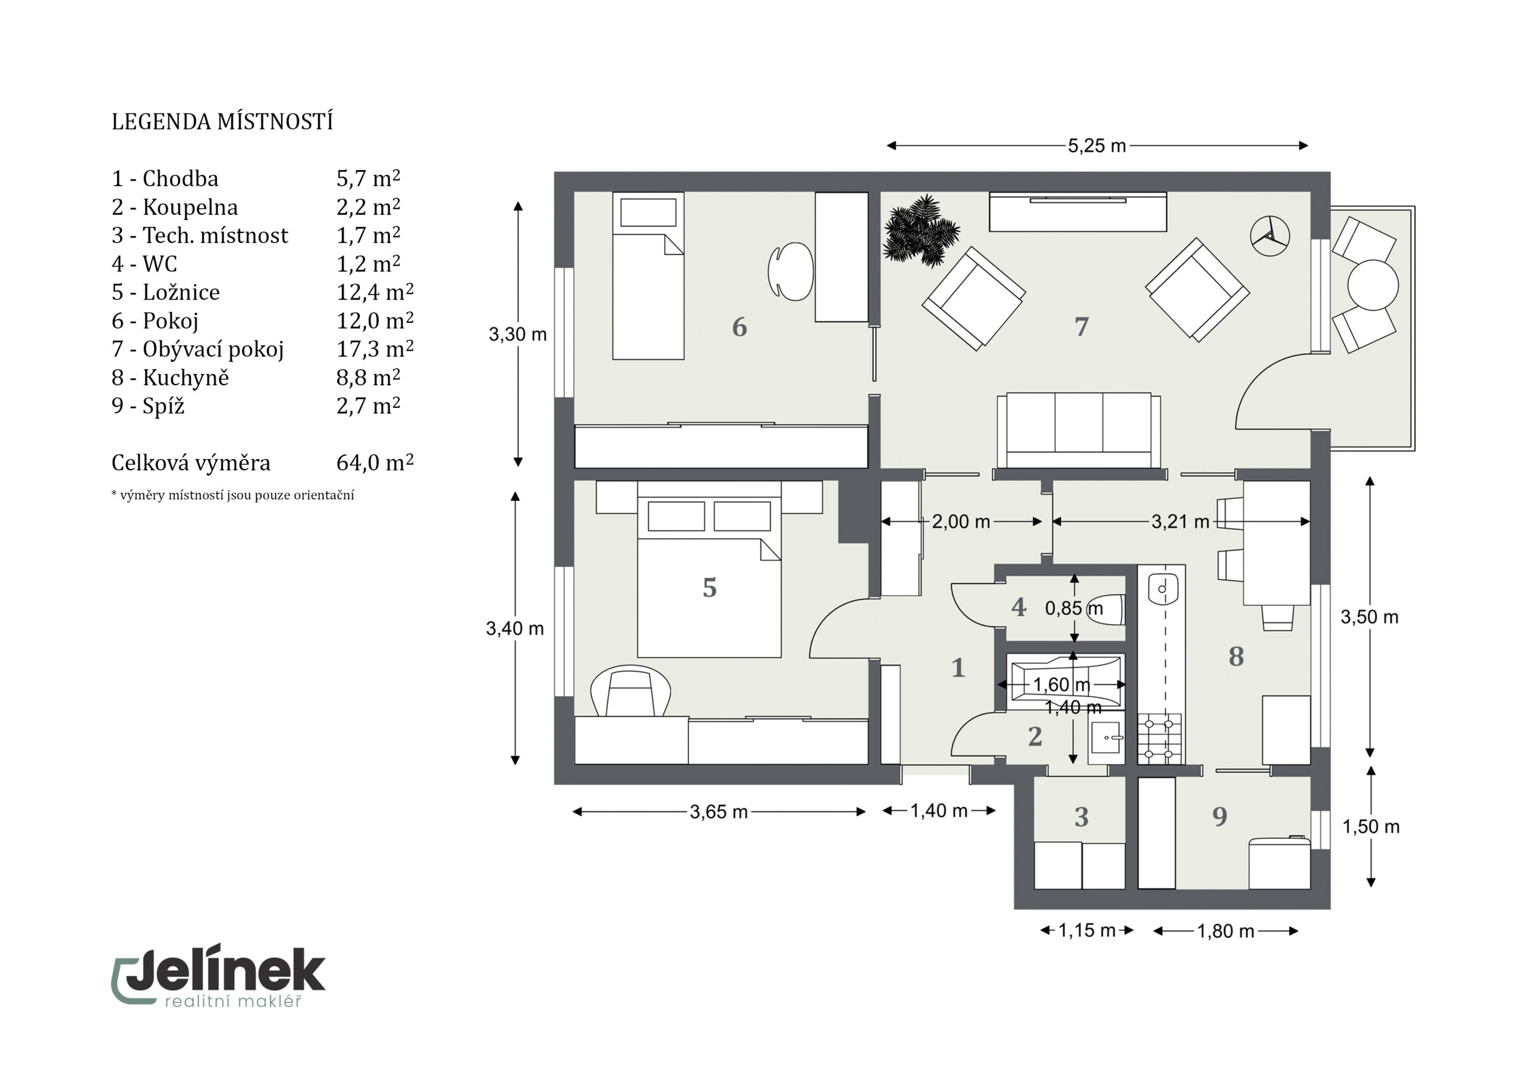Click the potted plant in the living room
click(920, 231)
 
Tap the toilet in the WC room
click(1113, 609)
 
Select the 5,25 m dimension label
click(1096, 146)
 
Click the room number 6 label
click(739, 327)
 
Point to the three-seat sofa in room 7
click(1078, 431)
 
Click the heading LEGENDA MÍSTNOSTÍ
click(222, 122)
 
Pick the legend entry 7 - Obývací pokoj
click(197, 349)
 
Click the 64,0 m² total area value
click(375, 462)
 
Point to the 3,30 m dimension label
click(518, 334)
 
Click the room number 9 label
click(1220, 816)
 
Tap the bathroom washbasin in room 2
click(1106, 737)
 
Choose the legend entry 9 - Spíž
click(148, 406)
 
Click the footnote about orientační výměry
click(232, 495)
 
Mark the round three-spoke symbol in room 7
click(1269, 235)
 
